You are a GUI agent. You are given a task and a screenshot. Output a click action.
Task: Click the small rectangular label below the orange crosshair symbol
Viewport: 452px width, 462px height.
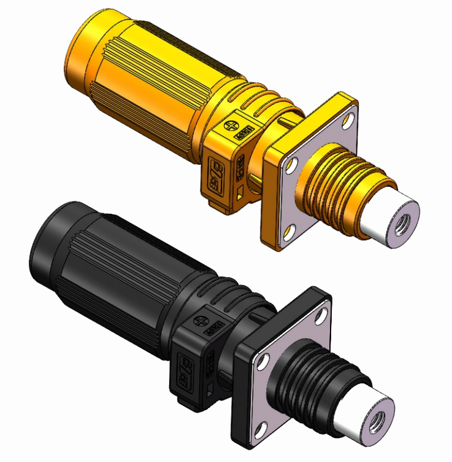point(244,133)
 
